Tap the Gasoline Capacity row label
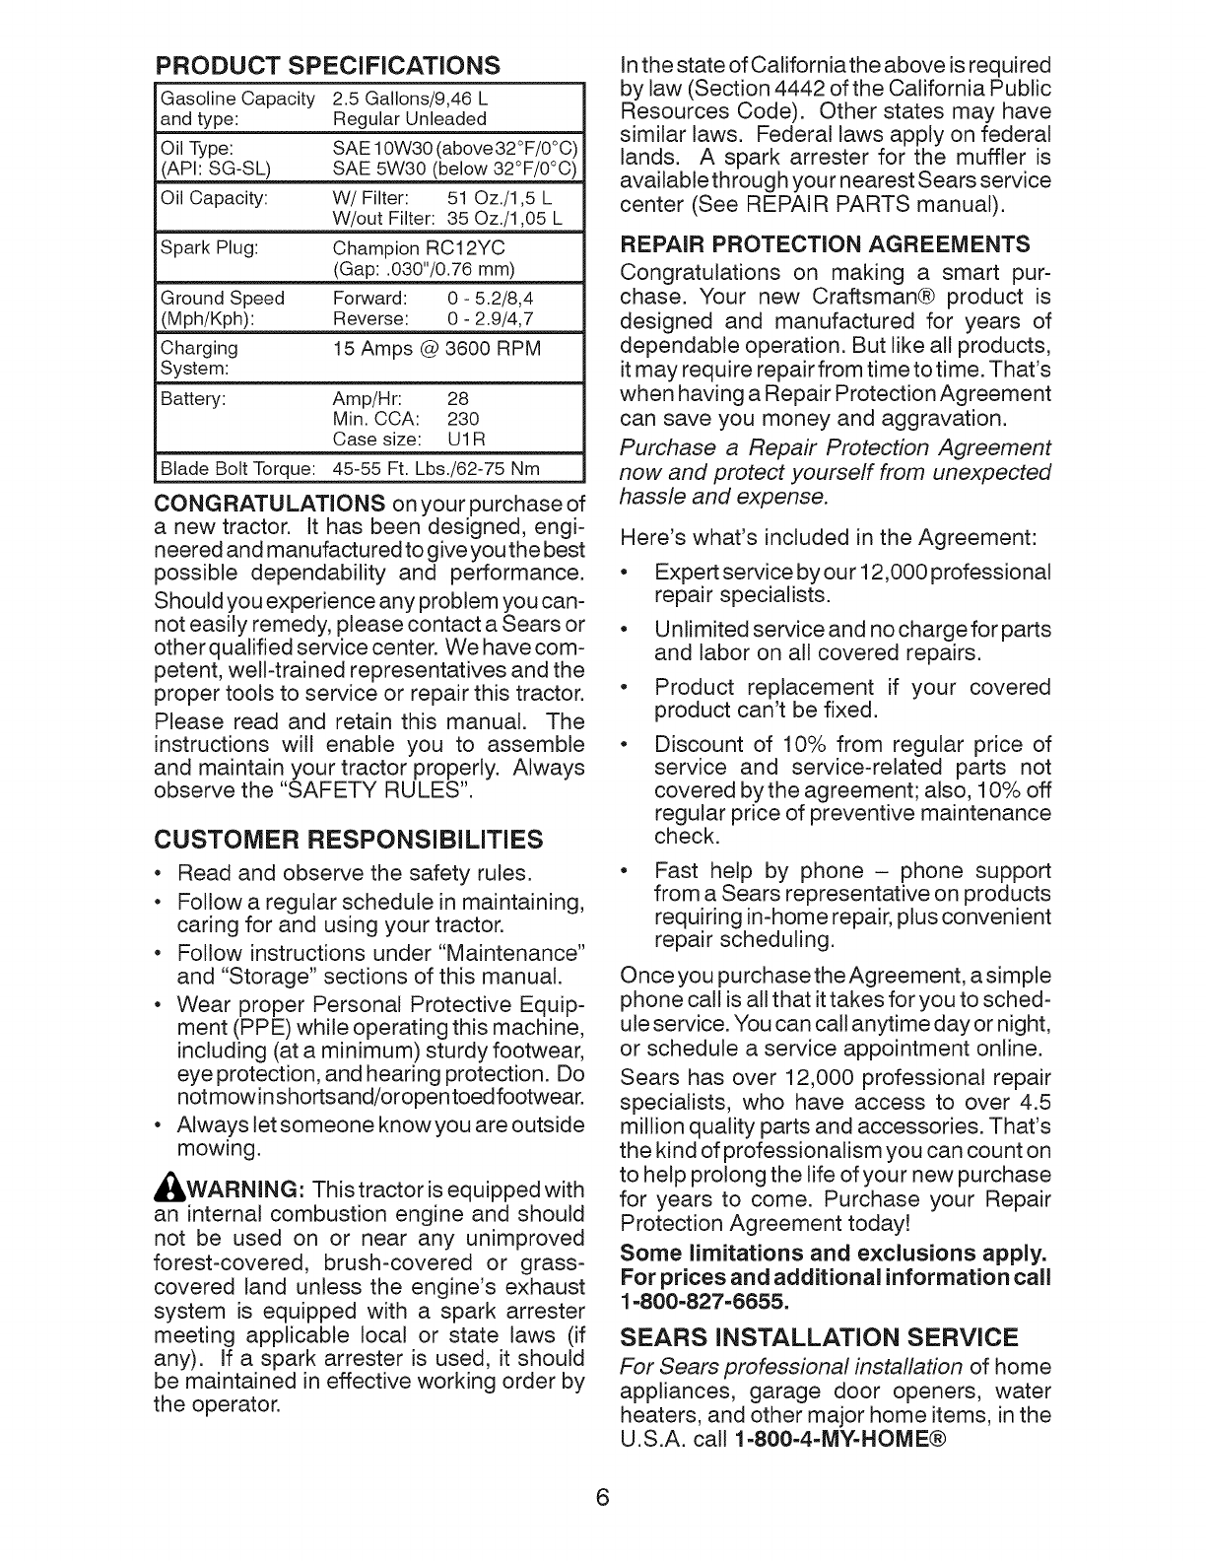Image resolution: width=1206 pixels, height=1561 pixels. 236,99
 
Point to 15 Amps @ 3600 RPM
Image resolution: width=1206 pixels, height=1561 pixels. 436,348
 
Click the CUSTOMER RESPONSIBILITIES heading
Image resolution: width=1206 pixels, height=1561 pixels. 348,840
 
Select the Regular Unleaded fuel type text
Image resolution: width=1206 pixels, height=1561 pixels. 410,119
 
